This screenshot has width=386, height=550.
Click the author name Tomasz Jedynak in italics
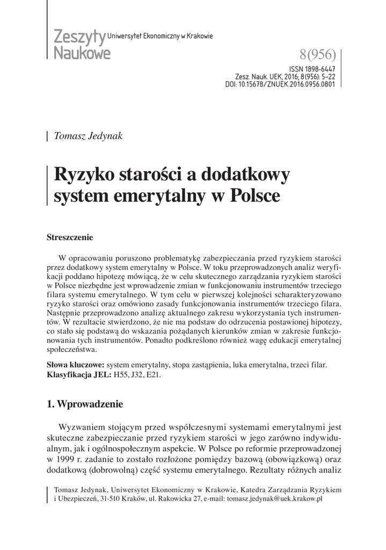pyautogui.click(x=89, y=136)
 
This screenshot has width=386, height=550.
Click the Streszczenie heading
pyautogui.click(x=70, y=237)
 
